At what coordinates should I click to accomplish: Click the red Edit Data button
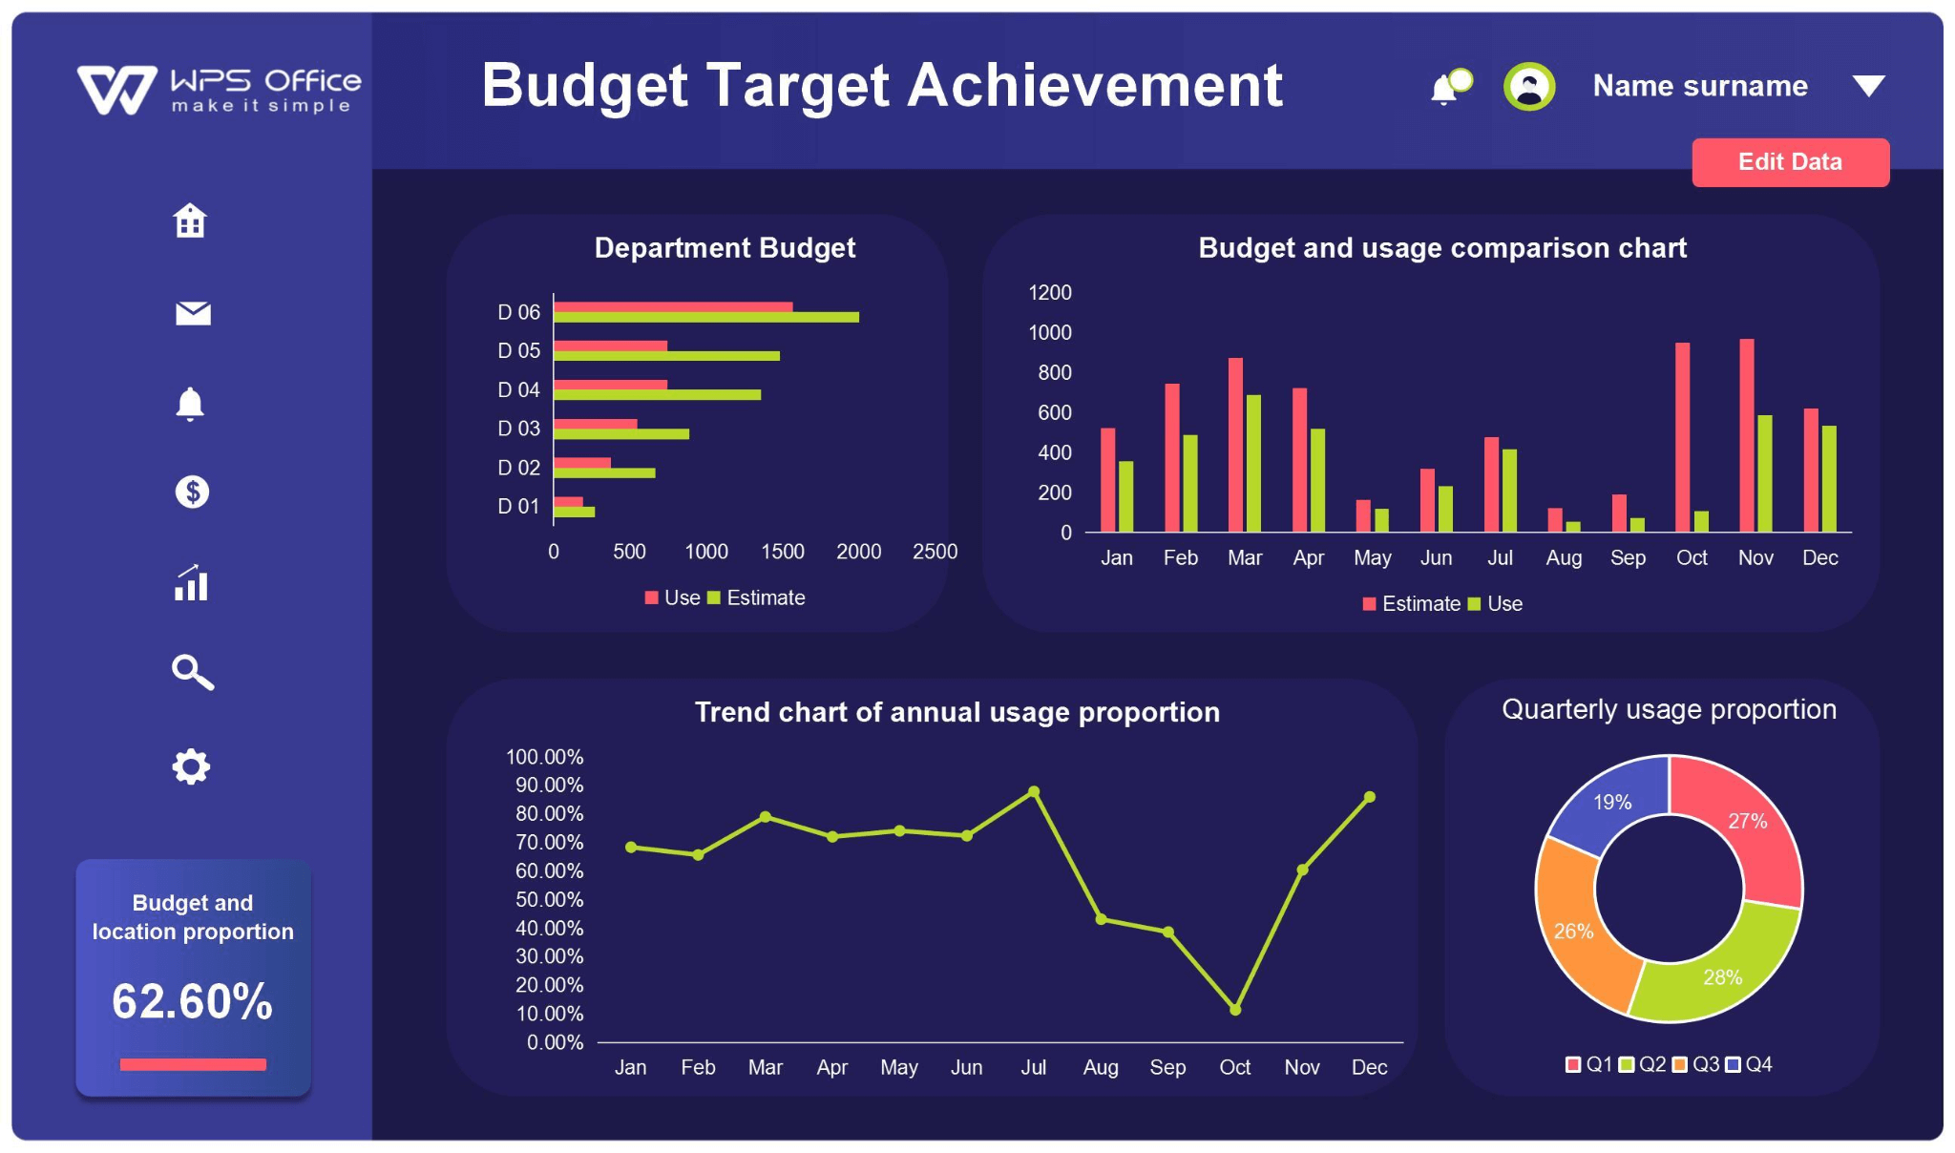pyautogui.click(x=1789, y=162)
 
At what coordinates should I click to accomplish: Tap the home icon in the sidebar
pyautogui.click(x=190, y=220)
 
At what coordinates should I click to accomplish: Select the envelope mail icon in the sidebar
pyautogui.click(x=193, y=313)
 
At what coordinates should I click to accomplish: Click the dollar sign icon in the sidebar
pyautogui.click(x=192, y=492)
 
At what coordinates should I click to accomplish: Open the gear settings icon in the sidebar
pyautogui.click(x=191, y=766)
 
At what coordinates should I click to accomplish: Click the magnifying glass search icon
pyautogui.click(x=192, y=672)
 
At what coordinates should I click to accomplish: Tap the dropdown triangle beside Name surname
pyautogui.click(x=1867, y=87)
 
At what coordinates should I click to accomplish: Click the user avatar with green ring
pyautogui.click(x=1528, y=87)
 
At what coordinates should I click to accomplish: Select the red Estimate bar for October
pyautogui.click(x=1682, y=436)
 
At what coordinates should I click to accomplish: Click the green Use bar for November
pyautogui.click(x=1764, y=472)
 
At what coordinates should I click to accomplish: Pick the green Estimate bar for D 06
pyautogui.click(x=705, y=317)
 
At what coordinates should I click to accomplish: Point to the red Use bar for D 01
pyautogui.click(x=568, y=501)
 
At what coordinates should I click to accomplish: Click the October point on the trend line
pyautogui.click(x=1234, y=1009)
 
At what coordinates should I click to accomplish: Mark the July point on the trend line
pyautogui.click(x=1034, y=791)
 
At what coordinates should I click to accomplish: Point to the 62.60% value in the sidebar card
pyautogui.click(x=192, y=1001)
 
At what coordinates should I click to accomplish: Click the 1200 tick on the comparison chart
pyautogui.click(x=1049, y=293)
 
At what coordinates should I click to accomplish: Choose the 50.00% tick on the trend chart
pyautogui.click(x=549, y=899)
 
